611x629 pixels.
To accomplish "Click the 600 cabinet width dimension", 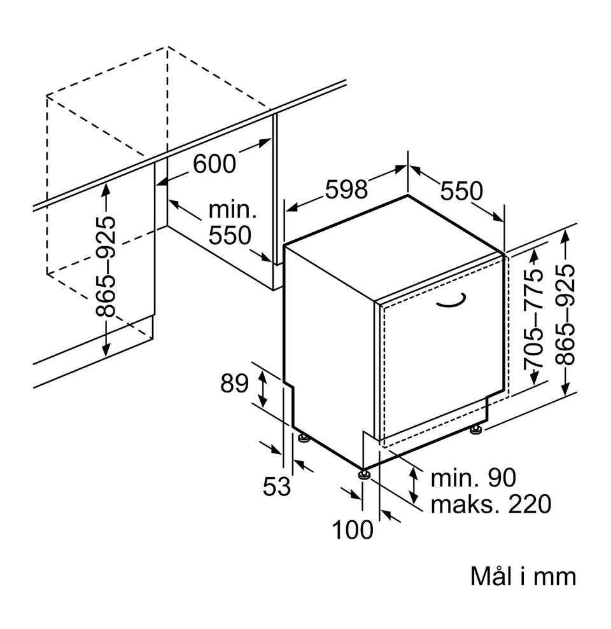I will point(214,164).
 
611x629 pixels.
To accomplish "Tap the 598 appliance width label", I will point(347,190).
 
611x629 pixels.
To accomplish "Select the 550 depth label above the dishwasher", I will point(461,190).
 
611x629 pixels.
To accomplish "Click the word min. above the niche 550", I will point(232,209).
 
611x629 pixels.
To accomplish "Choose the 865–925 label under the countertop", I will point(106,266).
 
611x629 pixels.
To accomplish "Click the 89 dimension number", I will point(234,384).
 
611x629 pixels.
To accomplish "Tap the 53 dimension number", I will point(276,487).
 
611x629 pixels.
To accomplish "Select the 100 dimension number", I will point(353,529).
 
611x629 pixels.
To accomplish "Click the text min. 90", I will point(473,478).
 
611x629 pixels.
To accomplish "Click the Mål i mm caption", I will point(523,577).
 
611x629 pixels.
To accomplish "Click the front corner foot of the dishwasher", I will point(363,474).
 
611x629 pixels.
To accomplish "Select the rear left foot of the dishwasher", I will point(302,438).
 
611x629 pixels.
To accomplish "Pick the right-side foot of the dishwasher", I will point(475,431).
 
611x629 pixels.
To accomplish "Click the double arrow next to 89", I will point(261,389).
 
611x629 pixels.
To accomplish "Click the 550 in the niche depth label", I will point(230,236).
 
